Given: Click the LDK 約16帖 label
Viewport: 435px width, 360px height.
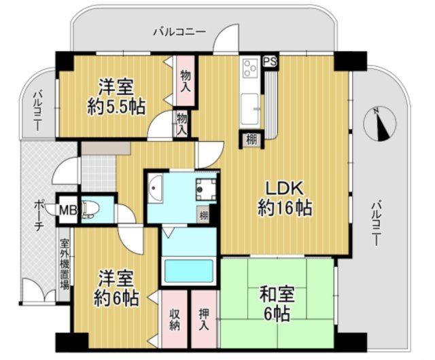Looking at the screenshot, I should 285,198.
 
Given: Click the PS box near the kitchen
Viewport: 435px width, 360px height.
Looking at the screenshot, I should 270,60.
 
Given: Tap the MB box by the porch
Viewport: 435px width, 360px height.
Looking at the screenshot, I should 67,210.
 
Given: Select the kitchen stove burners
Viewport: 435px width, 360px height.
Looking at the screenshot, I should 249,68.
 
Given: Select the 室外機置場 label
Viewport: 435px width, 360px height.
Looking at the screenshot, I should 65,266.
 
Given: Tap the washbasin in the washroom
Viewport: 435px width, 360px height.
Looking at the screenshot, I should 156,188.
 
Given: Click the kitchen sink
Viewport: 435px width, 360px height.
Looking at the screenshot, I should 250,105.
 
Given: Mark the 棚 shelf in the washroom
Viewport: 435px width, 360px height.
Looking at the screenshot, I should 204,216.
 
